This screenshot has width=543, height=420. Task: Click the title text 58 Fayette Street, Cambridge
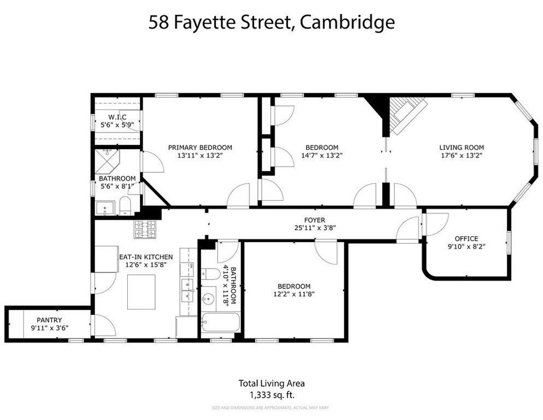pyautogui.click(x=271, y=22)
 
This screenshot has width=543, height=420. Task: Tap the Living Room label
pyautogui.click(x=462, y=147)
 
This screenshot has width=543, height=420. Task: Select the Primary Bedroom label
pyautogui.click(x=200, y=147)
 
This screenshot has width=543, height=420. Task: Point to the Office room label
pyautogui.click(x=466, y=238)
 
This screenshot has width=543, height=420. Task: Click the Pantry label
pyautogui.click(x=49, y=320)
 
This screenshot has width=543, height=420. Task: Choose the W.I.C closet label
pyautogui.click(x=117, y=117)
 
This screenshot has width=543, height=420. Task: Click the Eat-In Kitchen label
pyautogui.click(x=146, y=256)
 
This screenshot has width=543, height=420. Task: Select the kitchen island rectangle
pyautogui.click(x=141, y=291)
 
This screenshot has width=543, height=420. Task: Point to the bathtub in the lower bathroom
pyautogui.click(x=220, y=323)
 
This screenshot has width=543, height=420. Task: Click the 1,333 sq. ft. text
pyautogui.click(x=271, y=394)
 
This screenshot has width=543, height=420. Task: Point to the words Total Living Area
pyautogui.click(x=271, y=383)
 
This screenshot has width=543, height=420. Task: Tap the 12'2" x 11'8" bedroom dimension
pyautogui.click(x=294, y=294)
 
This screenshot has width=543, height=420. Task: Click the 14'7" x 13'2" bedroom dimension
pyautogui.click(x=322, y=155)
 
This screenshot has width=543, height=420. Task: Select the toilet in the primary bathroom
pyautogui.click(x=125, y=206)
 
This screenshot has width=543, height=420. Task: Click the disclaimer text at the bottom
pyautogui.click(x=271, y=408)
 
